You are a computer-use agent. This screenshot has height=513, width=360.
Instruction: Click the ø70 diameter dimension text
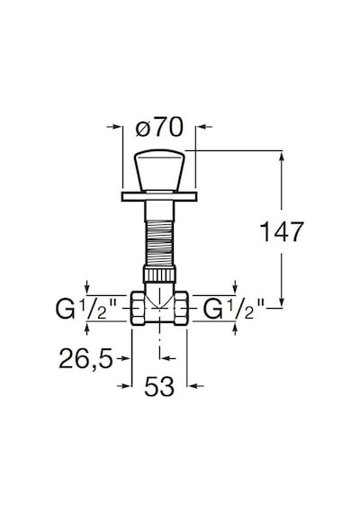click(x=159, y=127)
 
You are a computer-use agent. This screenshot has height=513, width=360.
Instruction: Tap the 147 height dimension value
click(x=282, y=231)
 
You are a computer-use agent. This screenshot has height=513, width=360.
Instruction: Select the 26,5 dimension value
click(x=85, y=358)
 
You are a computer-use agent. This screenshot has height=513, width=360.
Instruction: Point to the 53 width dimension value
click(x=159, y=386)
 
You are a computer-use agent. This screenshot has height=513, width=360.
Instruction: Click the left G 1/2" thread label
click(x=85, y=310)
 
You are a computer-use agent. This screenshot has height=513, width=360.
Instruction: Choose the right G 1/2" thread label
click(x=233, y=310)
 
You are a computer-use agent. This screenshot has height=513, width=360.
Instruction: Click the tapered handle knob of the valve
click(x=159, y=170)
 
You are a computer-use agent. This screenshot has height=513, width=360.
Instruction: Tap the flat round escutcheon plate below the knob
click(x=159, y=196)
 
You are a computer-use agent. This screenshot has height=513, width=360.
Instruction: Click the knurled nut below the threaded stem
click(x=159, y=274)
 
